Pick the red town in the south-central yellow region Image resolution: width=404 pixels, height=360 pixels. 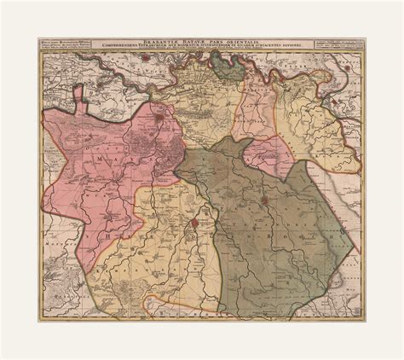pyautogui.click(x=195, y=225)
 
